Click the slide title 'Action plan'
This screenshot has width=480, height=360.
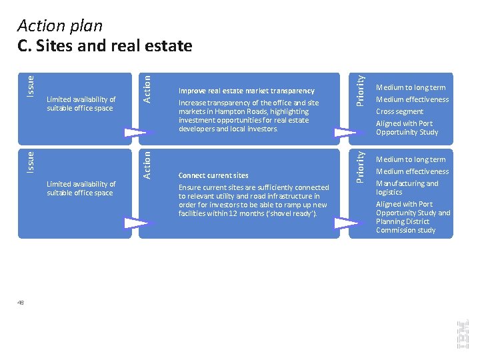click(x=60, y=26)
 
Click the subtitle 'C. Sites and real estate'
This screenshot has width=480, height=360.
click(x=105, y=45)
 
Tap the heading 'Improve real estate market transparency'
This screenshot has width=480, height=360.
click(x=246, y=91)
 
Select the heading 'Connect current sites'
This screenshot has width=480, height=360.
click(x=213, y=176)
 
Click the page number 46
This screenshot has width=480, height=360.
click(x=21, y=303)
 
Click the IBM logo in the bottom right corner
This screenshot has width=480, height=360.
click(x=462, y=333)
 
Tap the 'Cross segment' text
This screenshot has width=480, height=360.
click(x=399, y=111)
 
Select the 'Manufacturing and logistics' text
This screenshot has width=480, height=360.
click(x=407, y=187)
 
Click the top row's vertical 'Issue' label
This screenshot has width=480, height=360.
click(x=31, y=85)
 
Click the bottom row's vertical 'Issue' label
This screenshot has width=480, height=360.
click(x=31, y=163)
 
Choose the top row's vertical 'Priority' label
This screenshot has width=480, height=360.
click(x=360, y=89)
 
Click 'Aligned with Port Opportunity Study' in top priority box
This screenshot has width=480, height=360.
click(x=407, y=127)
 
